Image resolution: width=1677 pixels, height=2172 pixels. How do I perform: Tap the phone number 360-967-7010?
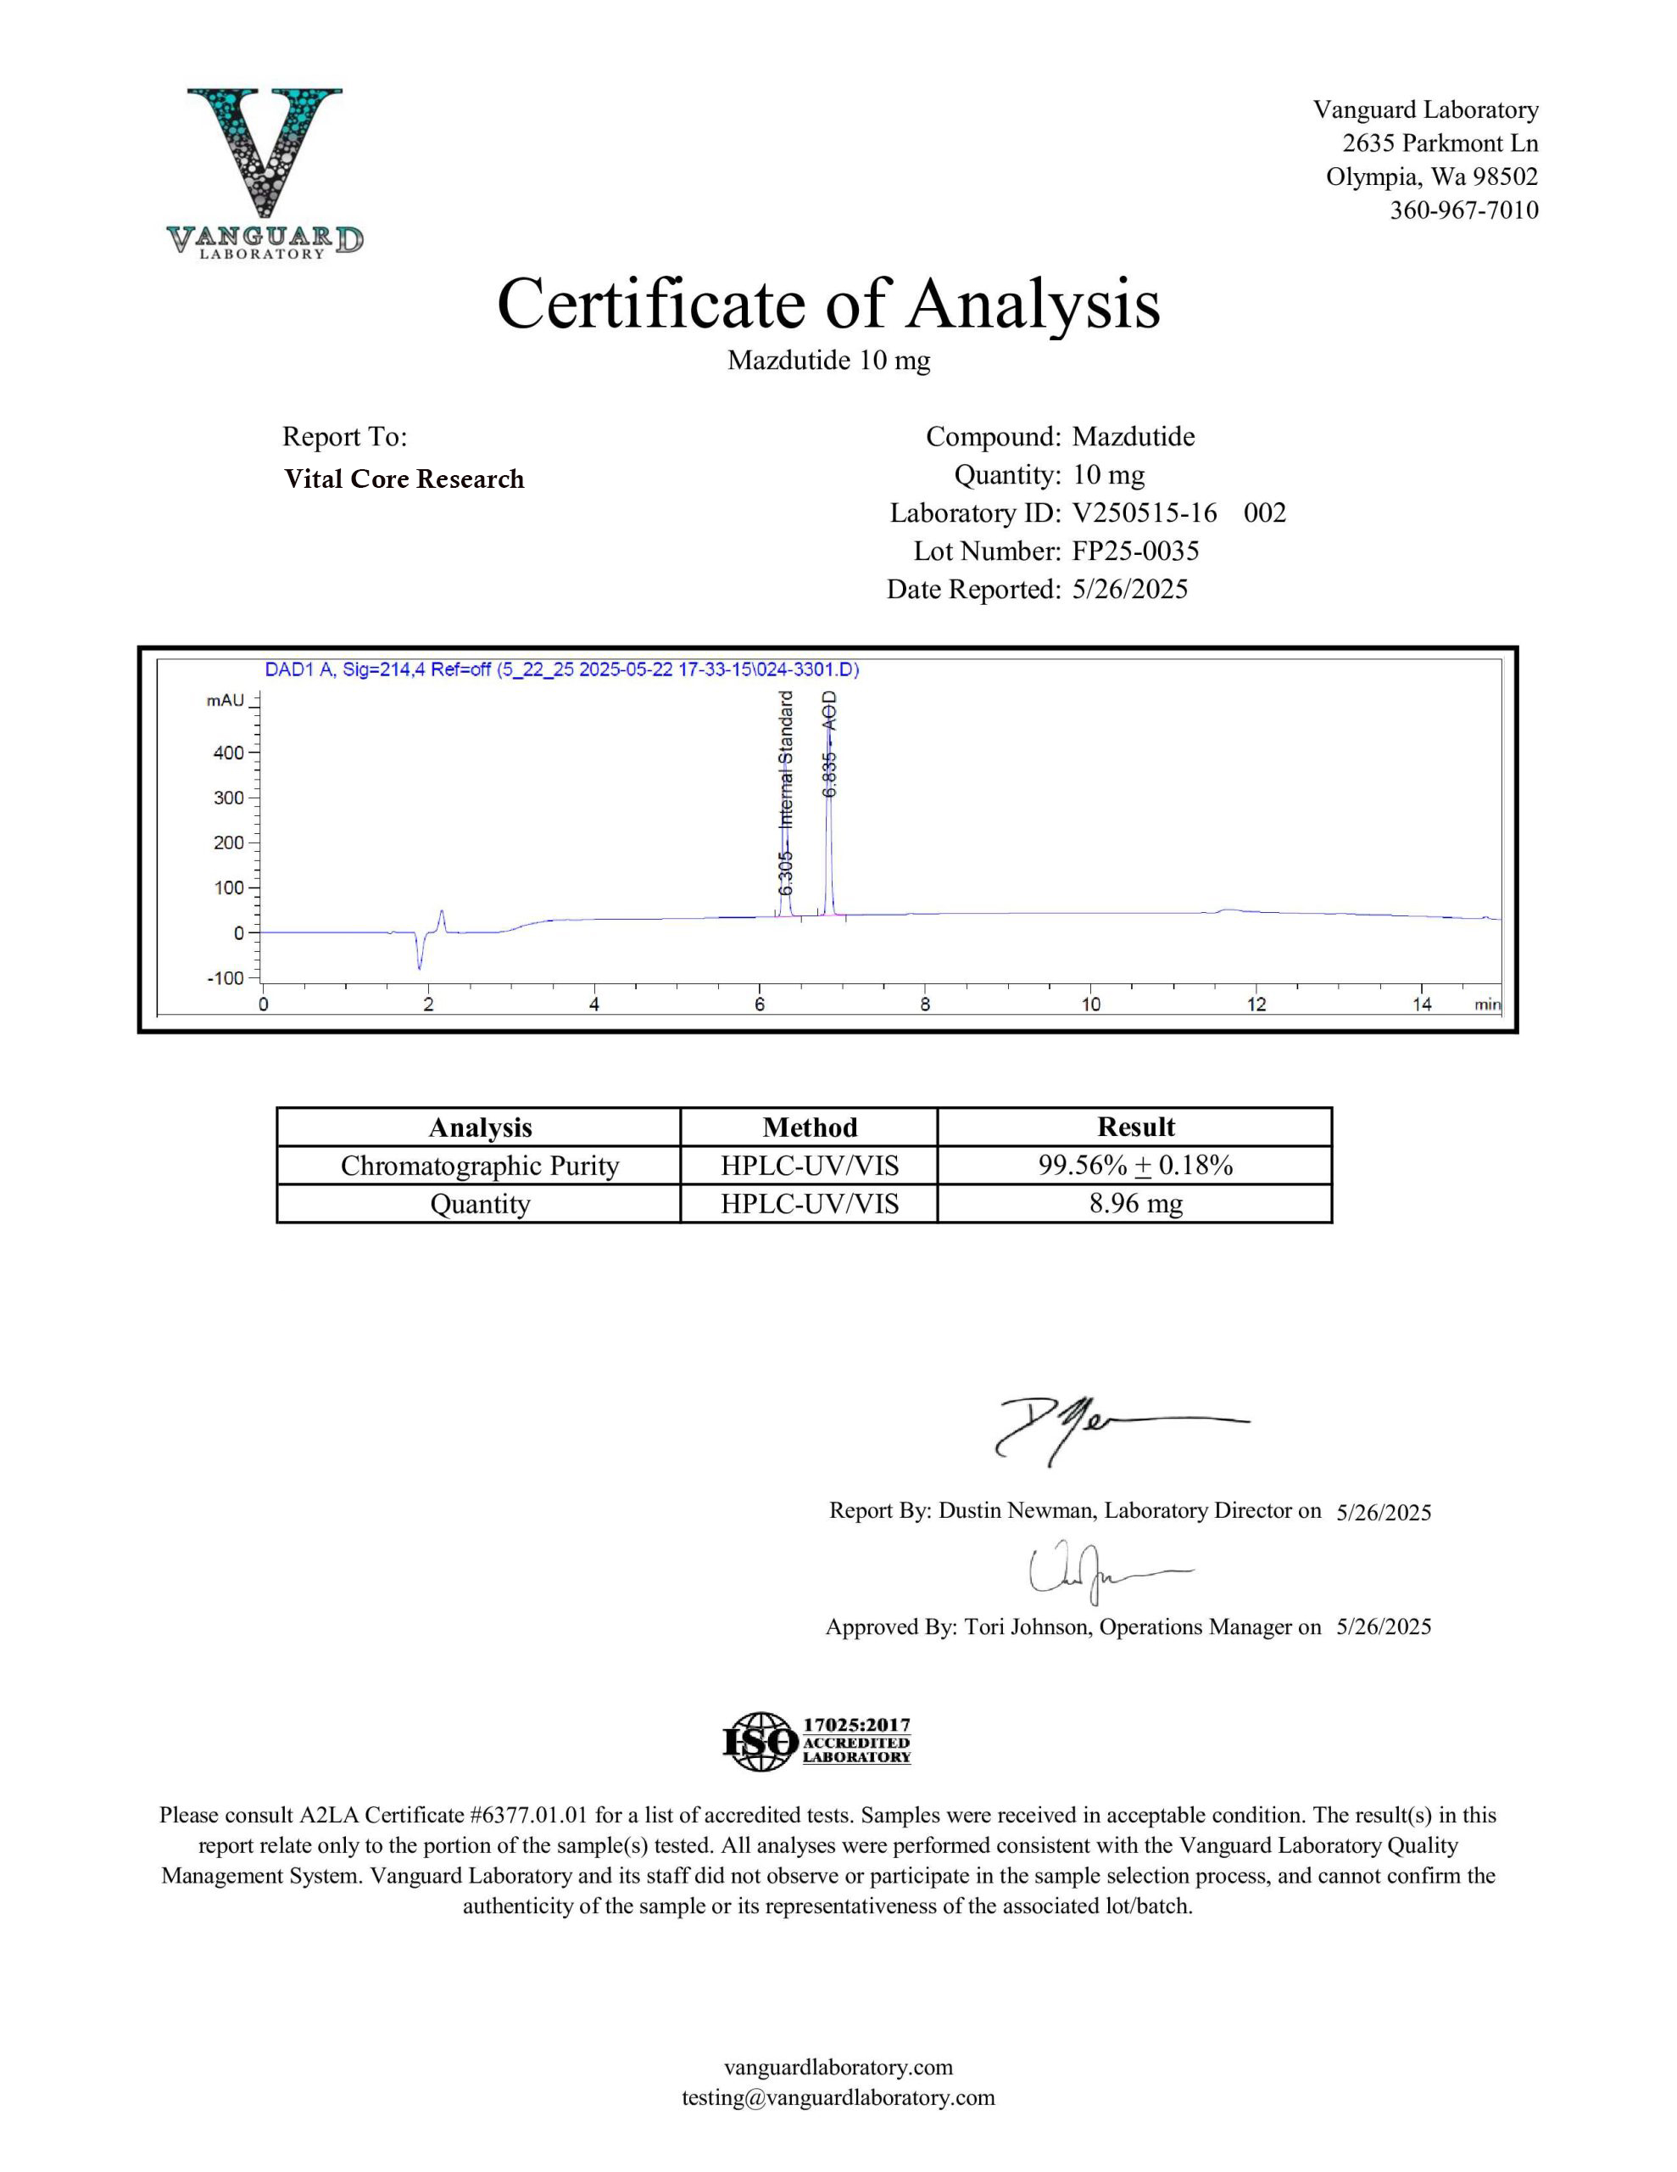[x=1463, y=210]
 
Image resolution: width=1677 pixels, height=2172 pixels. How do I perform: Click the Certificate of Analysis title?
[x=828, y=304]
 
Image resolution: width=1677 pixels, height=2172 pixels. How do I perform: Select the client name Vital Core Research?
[x=404, y=479]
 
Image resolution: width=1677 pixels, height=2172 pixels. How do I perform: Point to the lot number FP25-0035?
[x=1135, y=551]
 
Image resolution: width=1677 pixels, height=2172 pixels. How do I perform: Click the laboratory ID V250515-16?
[x=1145, y=513]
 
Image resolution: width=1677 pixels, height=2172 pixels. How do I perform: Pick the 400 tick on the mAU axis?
[x=230, y=753]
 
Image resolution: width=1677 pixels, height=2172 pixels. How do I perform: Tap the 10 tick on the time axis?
[x=1090, y=1005]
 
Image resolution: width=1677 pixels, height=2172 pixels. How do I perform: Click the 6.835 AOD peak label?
[x=830, y=744]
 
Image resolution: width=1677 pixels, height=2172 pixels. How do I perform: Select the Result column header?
[x=1134, y=1127]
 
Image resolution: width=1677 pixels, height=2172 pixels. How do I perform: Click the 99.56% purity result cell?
[x=1134, y=1166]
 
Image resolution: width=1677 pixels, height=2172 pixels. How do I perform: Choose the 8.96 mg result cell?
[x=1134, y=1203]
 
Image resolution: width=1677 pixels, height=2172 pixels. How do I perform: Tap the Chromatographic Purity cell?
[x=479, y=1166]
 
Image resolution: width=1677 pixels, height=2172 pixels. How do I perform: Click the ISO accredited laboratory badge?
[x=816, y=1740]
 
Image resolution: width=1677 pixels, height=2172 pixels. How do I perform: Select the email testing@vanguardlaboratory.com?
[x=838, y=2097]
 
